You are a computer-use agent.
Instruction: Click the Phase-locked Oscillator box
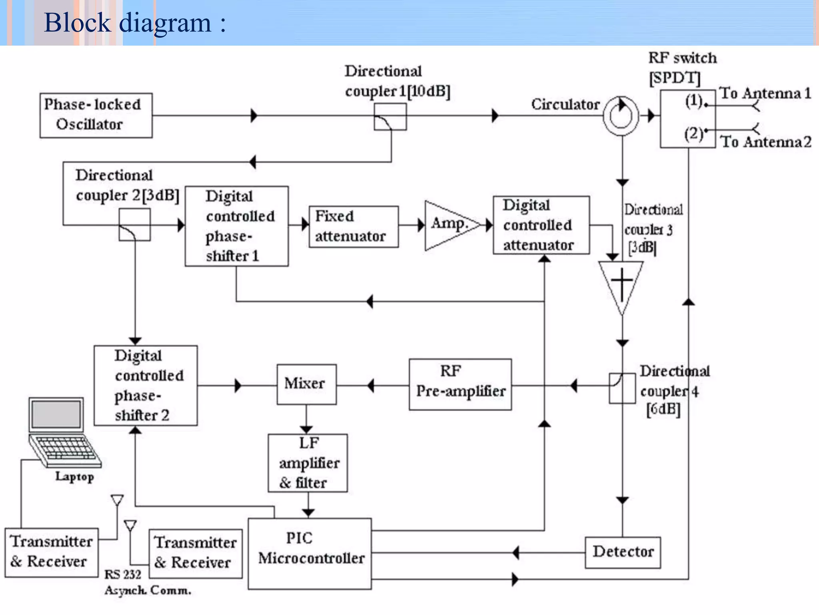pyautogui.click(x=96, y=115)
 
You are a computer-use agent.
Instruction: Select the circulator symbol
pyautogui.click(x=621, y=116)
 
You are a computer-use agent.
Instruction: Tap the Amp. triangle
pyautogui.click(x=448, y=225)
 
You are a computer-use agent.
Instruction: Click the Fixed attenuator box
pyautogui.click(x=354, y=227)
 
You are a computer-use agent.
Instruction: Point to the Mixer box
pyautogui.click(x=306, y=384)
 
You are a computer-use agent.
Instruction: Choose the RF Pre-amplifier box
pyautogui.click(x=460, y=384)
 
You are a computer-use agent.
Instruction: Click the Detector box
pyautogui.click(x=623, y=553)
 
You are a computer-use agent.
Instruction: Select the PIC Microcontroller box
pyautogui.click(x=310, y=554)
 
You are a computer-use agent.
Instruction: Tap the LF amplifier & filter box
pyautogui.click(x=308, y=463)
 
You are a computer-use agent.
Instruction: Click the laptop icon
pyautogui.click(x=62, y=432)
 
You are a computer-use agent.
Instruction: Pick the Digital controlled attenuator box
pyautogui.click(x=541, y=225)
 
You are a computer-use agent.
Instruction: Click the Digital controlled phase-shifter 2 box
pyautogui.click(x=146, y=385)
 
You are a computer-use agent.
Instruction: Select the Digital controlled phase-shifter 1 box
pyautogui.click(x=236, y=226)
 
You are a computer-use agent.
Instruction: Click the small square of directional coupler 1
pyautogui.click(x=390, y=117)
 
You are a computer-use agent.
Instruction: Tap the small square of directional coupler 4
pyautogui.click(x=622, y=388)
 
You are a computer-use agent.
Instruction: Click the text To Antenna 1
pyautogui.click(x=765, y=93)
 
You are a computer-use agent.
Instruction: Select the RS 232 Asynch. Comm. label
pyautogui.click(x=147, y=583)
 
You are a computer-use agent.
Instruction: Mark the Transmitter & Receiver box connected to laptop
pyautogui.click(x=51, y=552)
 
